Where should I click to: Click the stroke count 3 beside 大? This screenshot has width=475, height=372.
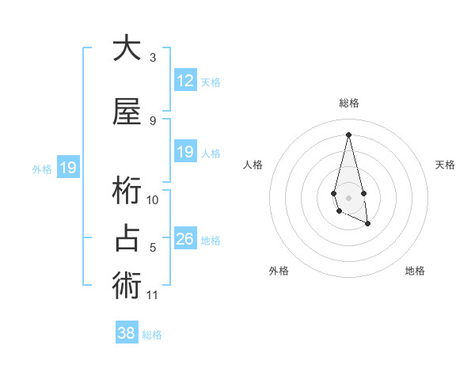(x=153, y=58)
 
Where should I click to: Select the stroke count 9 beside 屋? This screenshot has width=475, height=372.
(x=153, y=121)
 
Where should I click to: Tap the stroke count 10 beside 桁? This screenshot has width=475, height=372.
(x=153, y=200)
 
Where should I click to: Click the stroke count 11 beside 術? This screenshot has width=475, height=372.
(x=153, y=295)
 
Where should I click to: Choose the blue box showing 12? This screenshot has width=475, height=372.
(x=185, y=80)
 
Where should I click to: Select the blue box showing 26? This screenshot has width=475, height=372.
(x=185, y=239)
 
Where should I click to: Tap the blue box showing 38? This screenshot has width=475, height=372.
(x=127, y=333)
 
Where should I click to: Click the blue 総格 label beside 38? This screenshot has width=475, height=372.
(x=153, y=335)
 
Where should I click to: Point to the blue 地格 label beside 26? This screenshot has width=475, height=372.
(x=211, y=241)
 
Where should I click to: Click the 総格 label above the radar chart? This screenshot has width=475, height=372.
(x=349, y=103)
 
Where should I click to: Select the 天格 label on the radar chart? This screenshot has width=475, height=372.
(x=446, y=165)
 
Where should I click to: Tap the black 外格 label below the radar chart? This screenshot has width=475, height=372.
(x=279, y=271)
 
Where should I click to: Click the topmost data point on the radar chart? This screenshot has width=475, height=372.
(x=348, y=135)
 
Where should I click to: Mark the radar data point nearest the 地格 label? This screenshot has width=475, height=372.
(x=368, y=225)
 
